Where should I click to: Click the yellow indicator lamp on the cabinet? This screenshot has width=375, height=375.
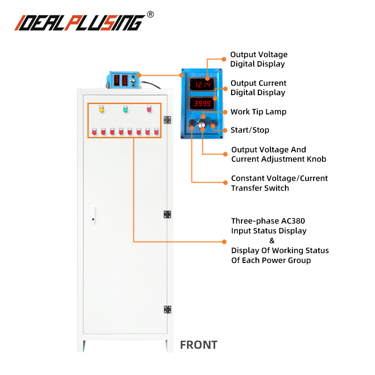[x=101, y=110]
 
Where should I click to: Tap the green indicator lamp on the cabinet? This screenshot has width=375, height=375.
[x=125, y=109]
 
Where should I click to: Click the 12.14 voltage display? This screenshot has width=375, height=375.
[x=202, y=84]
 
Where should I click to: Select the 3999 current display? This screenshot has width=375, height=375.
[x=202, y=104]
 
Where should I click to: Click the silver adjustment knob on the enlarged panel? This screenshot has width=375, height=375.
[x=202, y=124]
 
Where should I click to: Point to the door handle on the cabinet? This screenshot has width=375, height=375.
[x=94, y=214]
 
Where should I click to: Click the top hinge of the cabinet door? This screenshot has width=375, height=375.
[x=167, y=120]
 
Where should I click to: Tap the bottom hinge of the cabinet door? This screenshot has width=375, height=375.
[x=167, y=309]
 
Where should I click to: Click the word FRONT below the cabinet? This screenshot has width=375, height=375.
[x=199, y=345]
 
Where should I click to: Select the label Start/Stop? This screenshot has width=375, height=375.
[x=250, y=130]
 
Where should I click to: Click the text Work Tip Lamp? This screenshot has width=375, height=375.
[x=258, y=112]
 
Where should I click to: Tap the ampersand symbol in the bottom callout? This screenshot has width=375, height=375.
[x=272, y=240]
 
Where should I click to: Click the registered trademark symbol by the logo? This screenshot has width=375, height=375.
[x=150, y=15]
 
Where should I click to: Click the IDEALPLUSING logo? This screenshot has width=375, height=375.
[x=80, y=22]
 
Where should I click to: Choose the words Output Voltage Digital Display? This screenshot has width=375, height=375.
[x=258, y=60]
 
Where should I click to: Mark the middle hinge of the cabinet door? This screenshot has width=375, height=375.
[x=167, y=214]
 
